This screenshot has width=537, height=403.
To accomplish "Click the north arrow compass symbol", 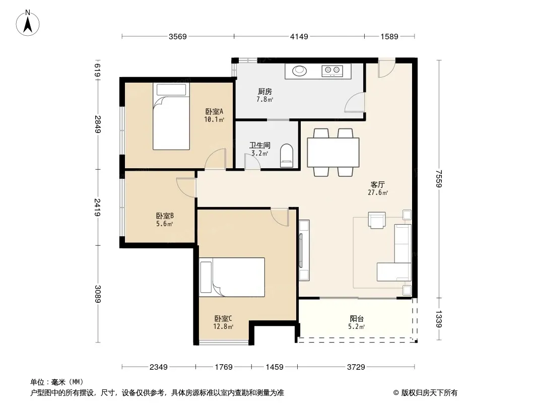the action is tap(28, 23).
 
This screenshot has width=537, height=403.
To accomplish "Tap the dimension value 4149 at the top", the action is tap(299, 36).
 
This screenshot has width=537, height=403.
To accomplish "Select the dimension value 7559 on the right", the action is tap(439, 179).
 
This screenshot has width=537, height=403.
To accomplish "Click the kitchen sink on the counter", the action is tap(299, 71).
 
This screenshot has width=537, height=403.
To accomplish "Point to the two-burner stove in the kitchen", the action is tap(332, 71).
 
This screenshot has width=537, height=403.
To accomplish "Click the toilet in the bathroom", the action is tap(287, 156).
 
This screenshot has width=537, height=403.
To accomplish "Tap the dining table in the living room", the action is tap(333, 152).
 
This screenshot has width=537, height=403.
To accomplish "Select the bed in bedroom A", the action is tap(171, 116).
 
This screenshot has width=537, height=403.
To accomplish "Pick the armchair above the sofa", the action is tap(377, 220).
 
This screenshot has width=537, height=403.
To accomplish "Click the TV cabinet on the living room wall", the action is tap(304, 250).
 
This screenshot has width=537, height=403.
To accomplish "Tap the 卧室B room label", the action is tap(165, 216).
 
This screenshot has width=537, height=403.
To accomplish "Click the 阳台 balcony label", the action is tap(357, 319).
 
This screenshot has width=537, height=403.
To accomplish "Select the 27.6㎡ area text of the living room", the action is tap(378, 193).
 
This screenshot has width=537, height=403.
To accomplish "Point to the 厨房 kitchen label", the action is tap(265, 91).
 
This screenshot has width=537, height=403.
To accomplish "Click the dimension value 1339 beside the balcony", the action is tap(439, 319).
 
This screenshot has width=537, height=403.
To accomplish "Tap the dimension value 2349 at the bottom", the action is tap(159, 367).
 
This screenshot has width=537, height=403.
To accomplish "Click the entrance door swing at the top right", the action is tap(387, 68).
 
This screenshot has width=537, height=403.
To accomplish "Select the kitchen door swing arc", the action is tap(355, 102).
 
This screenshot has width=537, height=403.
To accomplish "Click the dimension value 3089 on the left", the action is tap(97, 294).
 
